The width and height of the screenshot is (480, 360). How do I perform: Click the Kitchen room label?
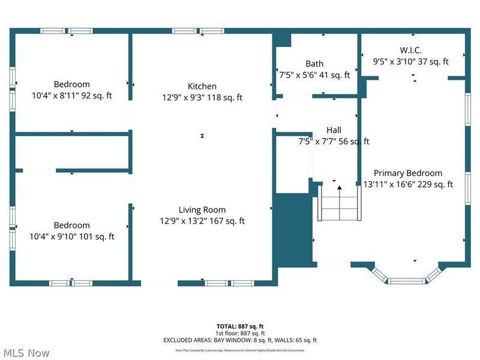coord(202,86)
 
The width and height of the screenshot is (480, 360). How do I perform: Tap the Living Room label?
coord(202,209)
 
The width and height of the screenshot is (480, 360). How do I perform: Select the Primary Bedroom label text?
coord(408,173)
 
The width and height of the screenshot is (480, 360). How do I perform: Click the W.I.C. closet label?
coord(411,50)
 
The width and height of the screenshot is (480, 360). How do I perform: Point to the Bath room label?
coord(314,64)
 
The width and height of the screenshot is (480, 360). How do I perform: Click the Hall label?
coord(334,130)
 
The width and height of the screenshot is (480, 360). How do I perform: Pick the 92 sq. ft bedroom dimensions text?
coord(71,96)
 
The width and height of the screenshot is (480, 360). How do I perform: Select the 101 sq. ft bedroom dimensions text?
coord(71,236)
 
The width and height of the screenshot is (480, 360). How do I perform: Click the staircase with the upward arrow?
coord(340,204)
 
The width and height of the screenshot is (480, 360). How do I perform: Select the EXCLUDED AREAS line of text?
coord(239,340)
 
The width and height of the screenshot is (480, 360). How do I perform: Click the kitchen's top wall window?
coord(198,30)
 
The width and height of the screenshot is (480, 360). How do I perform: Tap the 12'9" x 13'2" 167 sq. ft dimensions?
coord(202,221)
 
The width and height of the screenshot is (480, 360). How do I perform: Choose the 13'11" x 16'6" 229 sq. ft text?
coord(408,184)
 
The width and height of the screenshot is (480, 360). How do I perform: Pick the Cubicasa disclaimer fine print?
coord(239,350)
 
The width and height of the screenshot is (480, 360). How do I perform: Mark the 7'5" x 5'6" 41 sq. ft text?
coord(314,75)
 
